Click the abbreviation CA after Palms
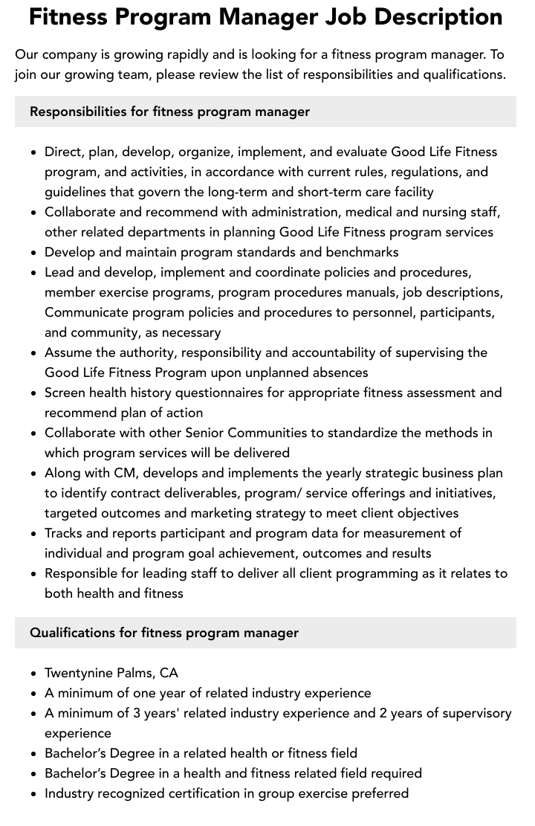[169, 673]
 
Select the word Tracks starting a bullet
[63, 533]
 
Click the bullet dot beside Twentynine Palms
[33, 674]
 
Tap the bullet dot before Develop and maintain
[33, 253]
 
